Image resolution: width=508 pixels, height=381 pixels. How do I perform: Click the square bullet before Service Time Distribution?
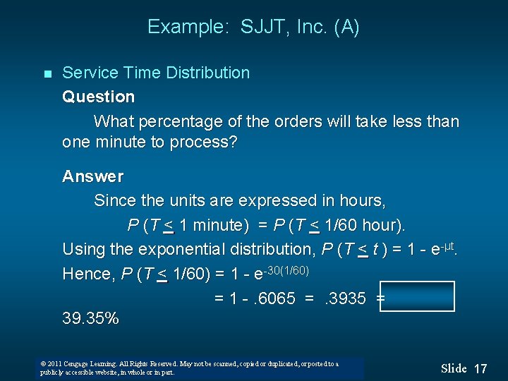[47, 74]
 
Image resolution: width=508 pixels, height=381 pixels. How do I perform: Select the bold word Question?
[98, 97]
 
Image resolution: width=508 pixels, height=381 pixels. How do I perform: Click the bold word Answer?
[92, 176]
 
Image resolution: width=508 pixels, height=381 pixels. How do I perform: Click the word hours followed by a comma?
[361, 200]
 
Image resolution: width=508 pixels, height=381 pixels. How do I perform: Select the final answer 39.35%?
[90, 318]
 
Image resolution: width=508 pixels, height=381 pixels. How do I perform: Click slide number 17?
[480, 368]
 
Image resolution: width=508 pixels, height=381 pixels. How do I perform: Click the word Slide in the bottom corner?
[454, 368]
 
